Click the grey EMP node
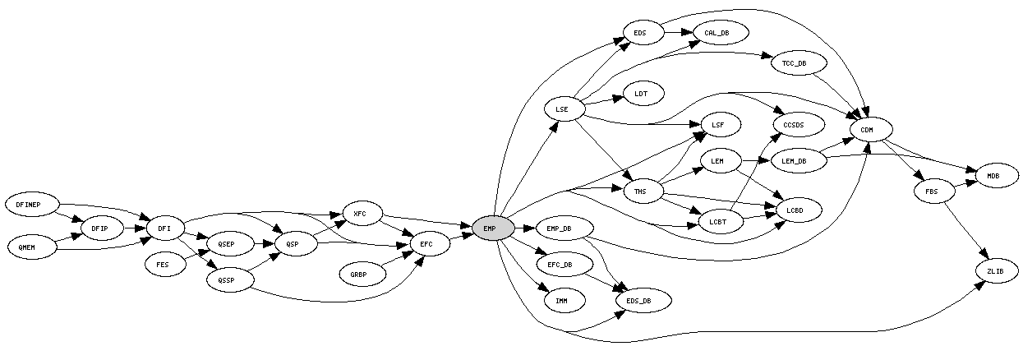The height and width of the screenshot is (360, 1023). [489, 228]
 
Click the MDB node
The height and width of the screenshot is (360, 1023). [993, 176]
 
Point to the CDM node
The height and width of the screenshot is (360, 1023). [866, 130]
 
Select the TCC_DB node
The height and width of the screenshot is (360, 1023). [794, 63]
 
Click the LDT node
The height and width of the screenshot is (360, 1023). [641, 94]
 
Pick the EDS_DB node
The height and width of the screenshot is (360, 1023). [638, 301]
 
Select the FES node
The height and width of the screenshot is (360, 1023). [163, 265]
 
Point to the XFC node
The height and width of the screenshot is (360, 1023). [360, 215]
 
